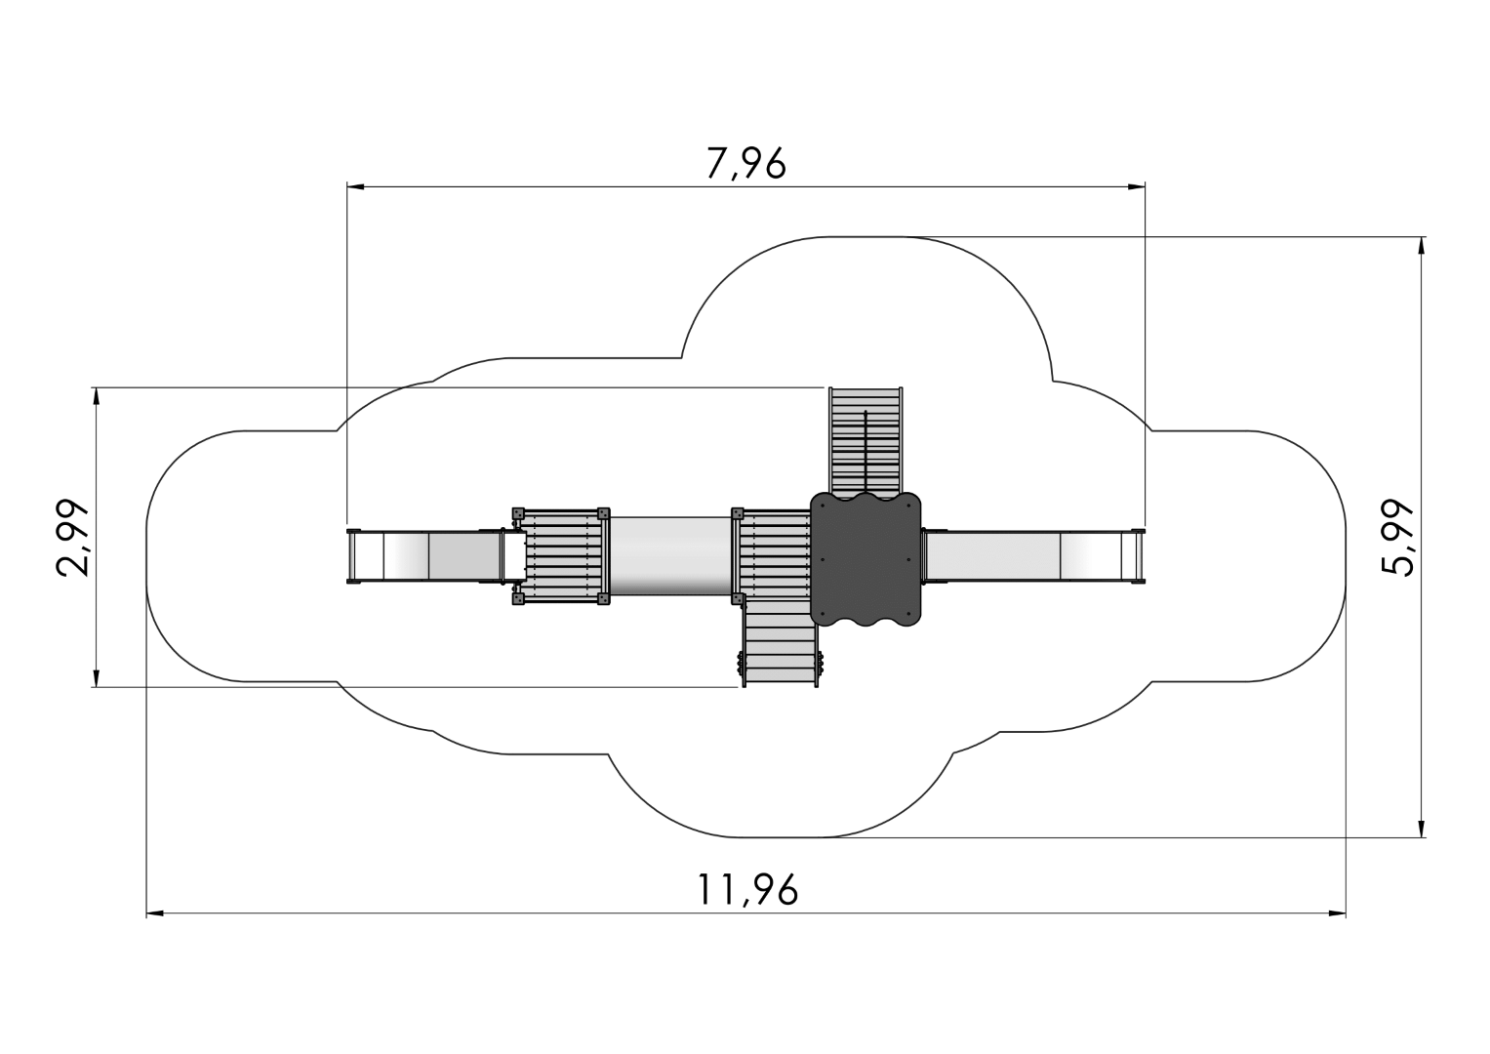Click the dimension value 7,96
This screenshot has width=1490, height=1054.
click(746, 163)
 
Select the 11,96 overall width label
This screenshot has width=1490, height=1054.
click(747, 890)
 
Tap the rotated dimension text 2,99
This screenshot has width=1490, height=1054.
click(72, 537)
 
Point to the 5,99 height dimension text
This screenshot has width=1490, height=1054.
click(1397, 537)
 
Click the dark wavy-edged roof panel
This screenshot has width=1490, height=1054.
click(866, 559)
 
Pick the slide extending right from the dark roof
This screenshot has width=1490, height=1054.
click(1033, 557)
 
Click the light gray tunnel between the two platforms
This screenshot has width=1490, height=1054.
click(670, 556)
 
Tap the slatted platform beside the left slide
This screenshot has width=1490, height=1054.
click(561, 556)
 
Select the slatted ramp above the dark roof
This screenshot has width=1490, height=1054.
click(866, 442)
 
